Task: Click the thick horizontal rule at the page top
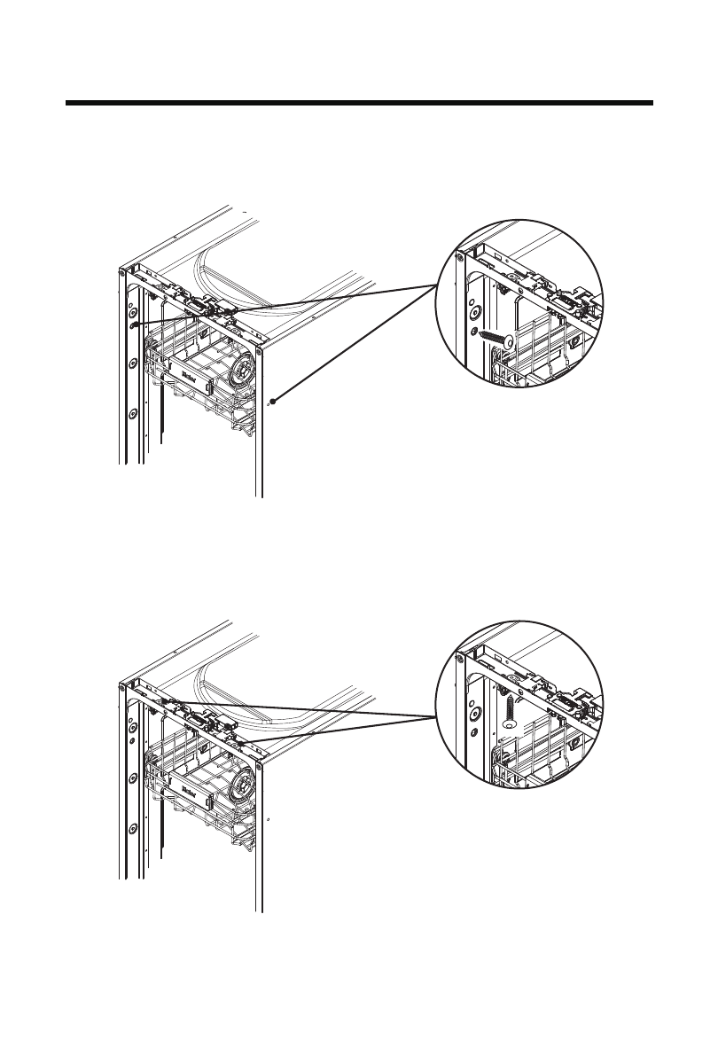(359, 104)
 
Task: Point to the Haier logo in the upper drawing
(188, 374)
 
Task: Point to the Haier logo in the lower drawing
(188, 787)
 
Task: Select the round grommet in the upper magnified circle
(474, 312)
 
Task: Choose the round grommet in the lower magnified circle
(474, 712)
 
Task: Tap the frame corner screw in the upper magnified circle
(459, 259)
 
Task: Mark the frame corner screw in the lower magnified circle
(459, 657)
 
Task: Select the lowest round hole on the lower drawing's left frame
(132, 828)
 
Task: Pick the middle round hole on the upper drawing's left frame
(132, 362)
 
